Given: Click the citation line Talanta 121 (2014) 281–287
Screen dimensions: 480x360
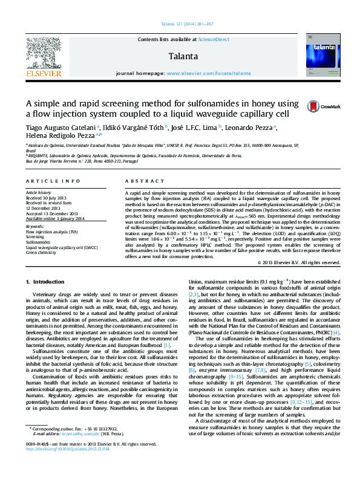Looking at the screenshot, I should [187, 24].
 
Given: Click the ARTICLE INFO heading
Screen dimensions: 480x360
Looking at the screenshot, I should [53, 181].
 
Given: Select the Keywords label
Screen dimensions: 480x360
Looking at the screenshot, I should [35, 226].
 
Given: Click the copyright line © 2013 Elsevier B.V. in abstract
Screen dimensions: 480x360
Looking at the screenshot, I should [298, 263].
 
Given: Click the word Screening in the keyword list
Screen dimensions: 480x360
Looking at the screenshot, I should [34, 236].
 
